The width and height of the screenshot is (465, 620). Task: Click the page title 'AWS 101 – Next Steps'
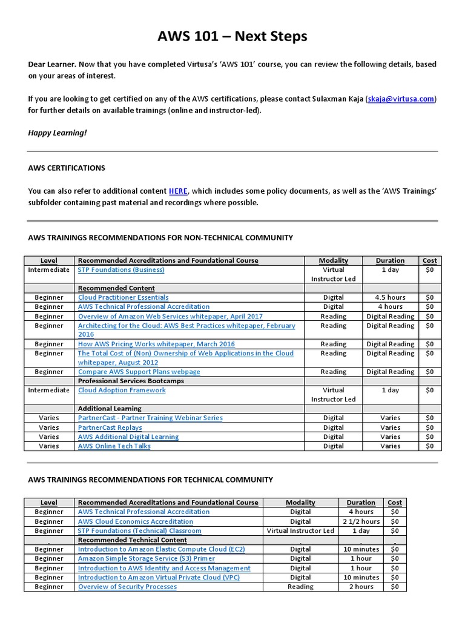click(x=232, y=36)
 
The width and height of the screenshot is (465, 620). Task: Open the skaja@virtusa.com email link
click(x=400, y=98)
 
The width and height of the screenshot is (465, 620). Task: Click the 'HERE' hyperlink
click(x=178, y=191)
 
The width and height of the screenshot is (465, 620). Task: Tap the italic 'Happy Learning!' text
click(x=58, y=132)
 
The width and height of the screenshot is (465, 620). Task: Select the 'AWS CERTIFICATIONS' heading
click(x=67, y=168)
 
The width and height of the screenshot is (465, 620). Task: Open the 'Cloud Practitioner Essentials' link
click(x=123, y=297)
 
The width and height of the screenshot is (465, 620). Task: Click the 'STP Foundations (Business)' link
click(x=121, y=269)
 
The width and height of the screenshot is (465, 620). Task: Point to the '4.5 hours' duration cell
click(x=390, y=297)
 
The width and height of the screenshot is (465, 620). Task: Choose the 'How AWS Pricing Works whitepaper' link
click(x=156, y=344)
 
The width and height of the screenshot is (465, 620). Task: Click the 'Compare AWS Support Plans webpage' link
click(x=139, y=372)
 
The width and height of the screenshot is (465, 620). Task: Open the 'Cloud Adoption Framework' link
click(x=122, y=391)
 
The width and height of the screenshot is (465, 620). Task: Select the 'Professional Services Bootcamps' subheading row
click(x=131, y=381)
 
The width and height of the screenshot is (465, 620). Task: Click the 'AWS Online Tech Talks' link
click(x=114, y=446)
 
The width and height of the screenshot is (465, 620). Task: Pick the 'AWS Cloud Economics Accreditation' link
click(x=136, y=521)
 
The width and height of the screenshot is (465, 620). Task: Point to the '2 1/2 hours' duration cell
click(x=361, y=521)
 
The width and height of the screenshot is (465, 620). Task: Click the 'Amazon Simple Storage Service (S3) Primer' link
click(x=146, y=559)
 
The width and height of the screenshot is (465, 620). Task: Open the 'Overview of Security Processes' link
click(x=127, y=587)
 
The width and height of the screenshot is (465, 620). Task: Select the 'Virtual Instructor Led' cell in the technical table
click(x=300, y=531)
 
